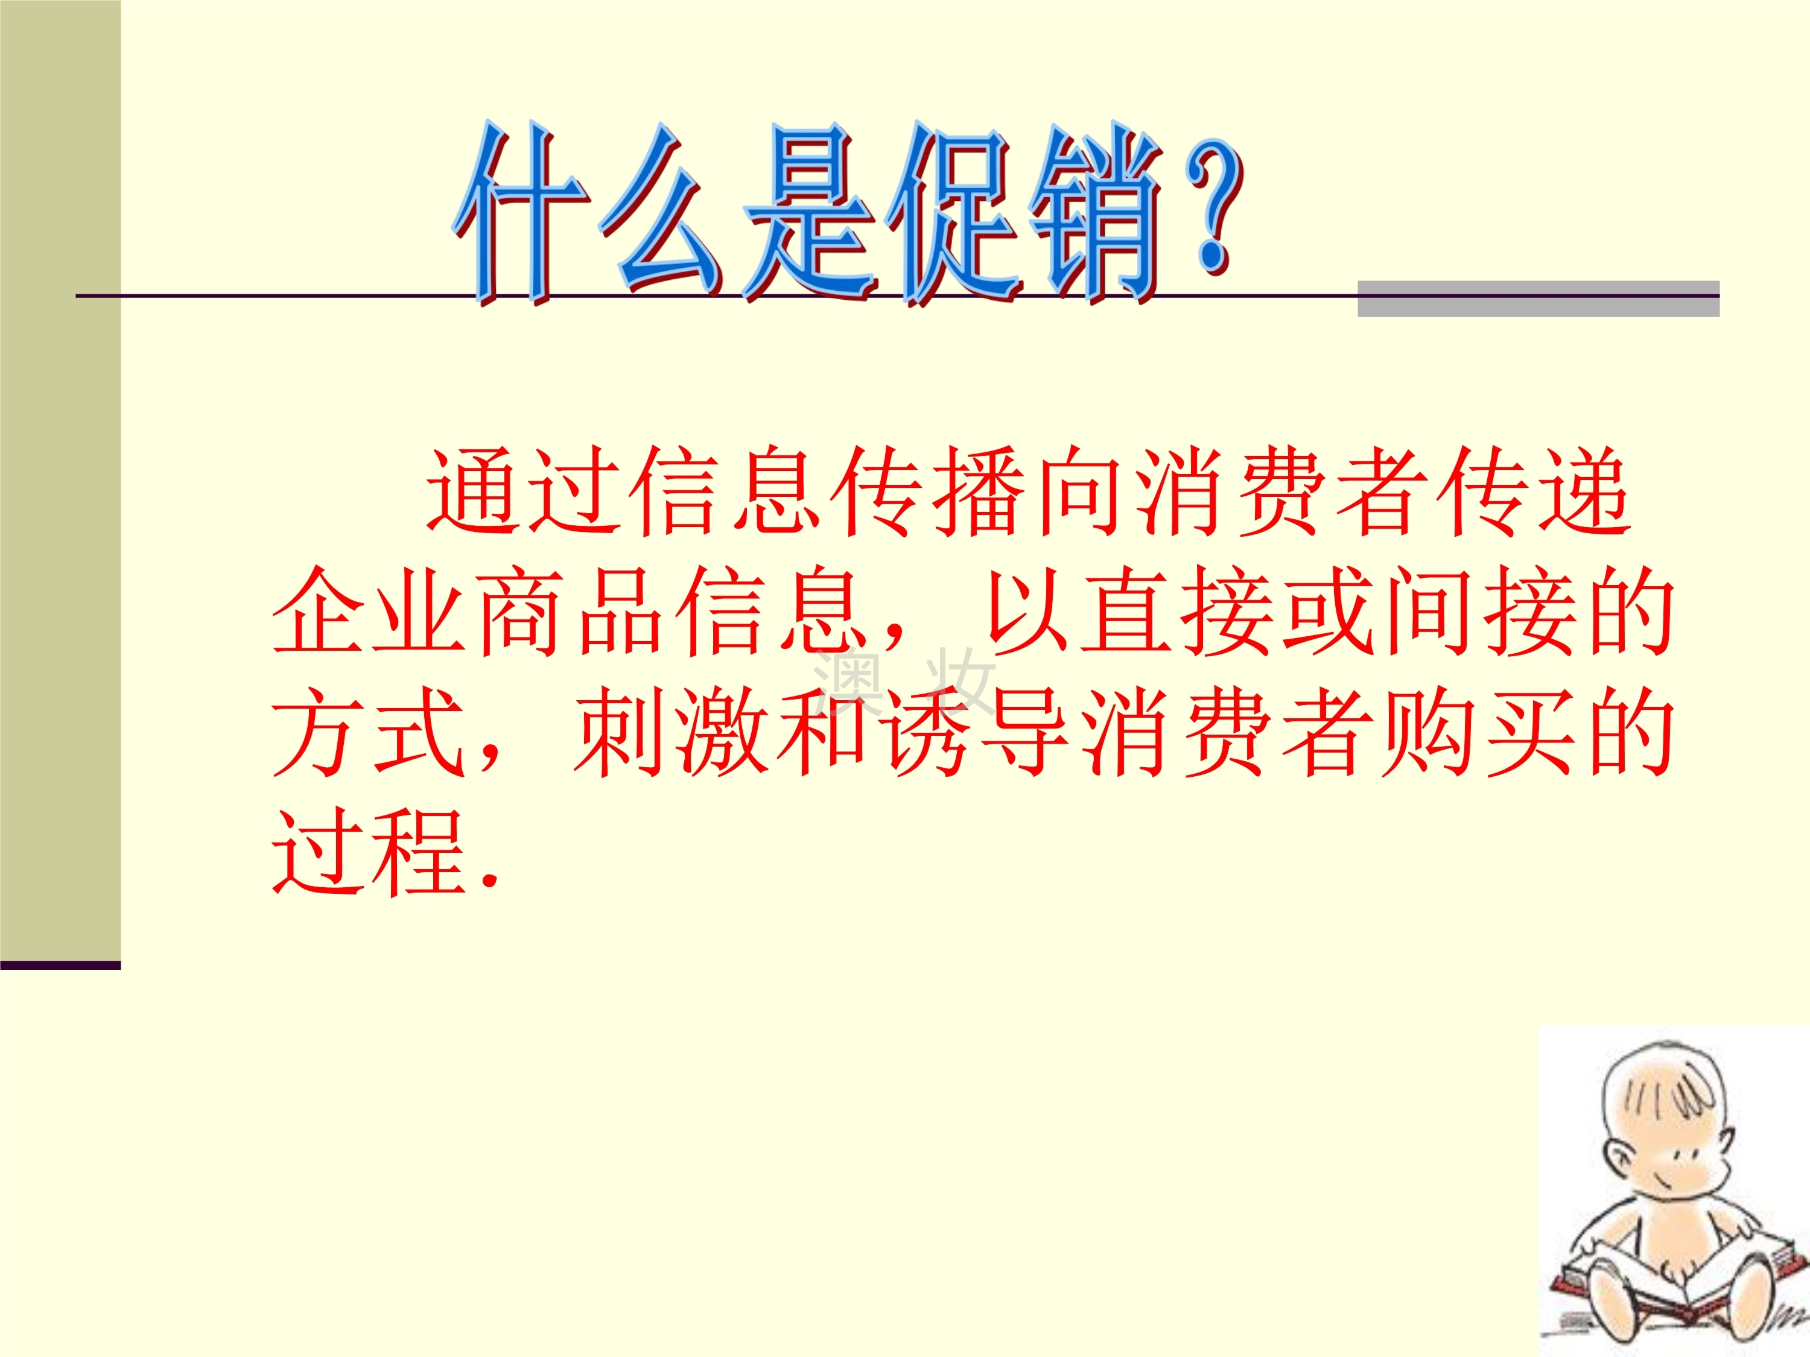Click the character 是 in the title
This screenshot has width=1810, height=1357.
pyautogui.click(x=810, y=214)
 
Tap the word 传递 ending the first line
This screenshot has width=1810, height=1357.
pyautogui.click(x=1535, y=491)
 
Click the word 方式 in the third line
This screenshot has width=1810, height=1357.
pyautogui.click(x=368, y=732)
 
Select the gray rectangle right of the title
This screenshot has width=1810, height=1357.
pyautogui.click(x=1539, y=299)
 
